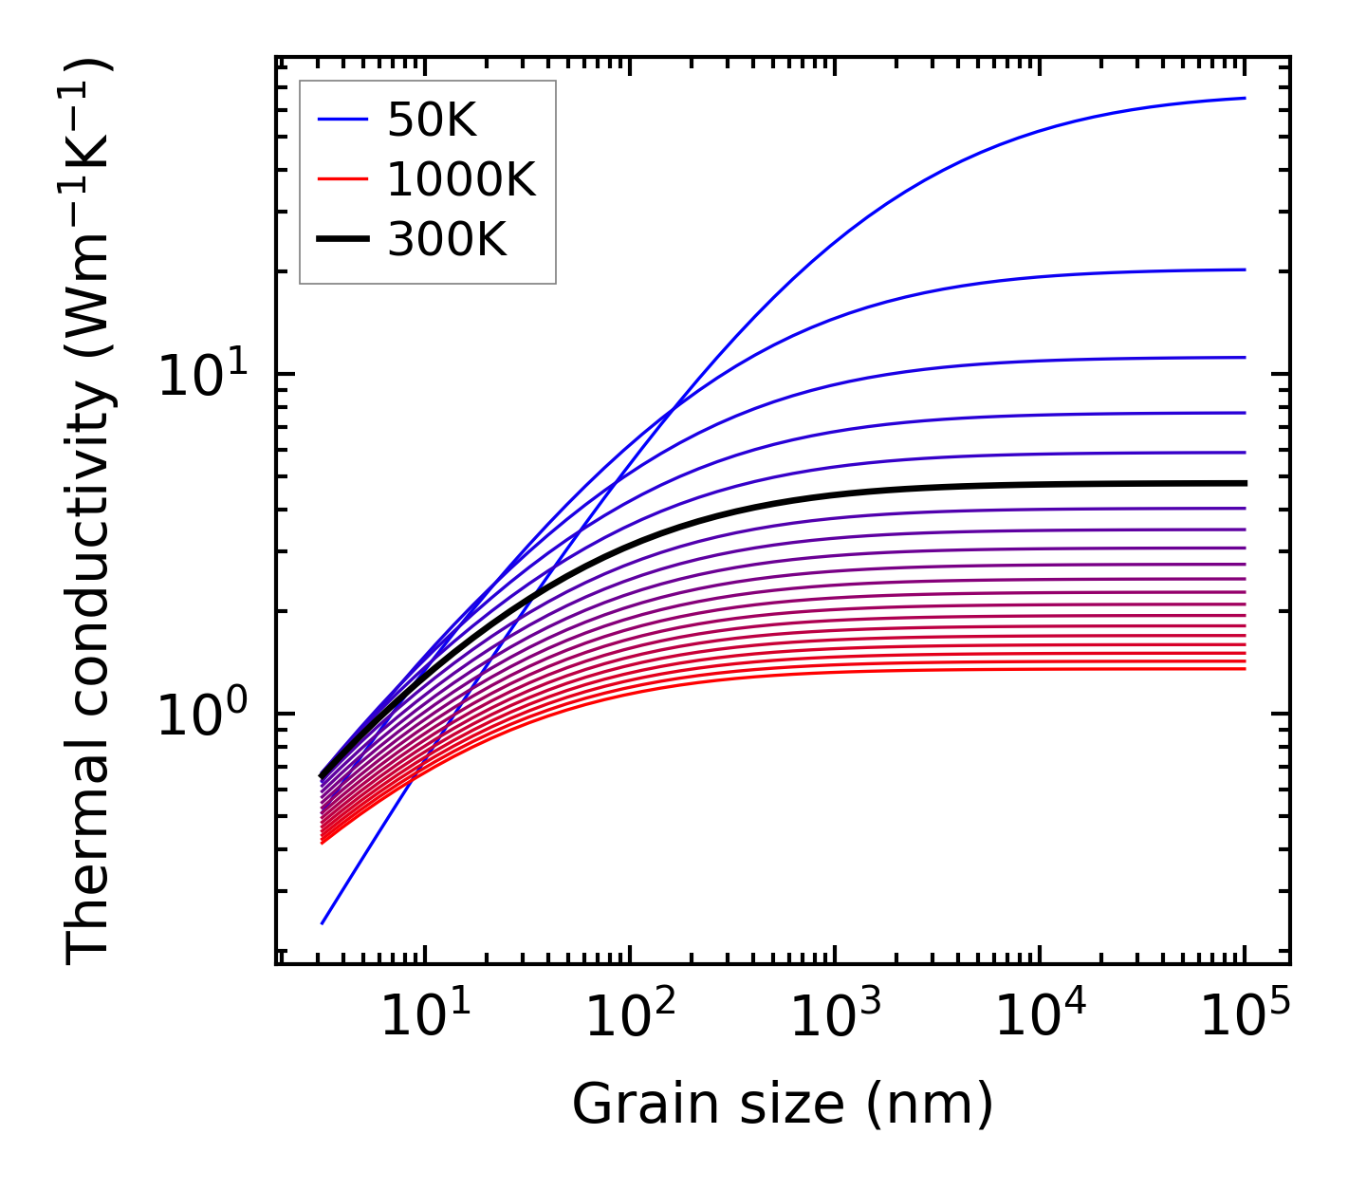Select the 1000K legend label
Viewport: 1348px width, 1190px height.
pos(461,179)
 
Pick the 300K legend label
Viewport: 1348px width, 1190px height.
pos(447,240)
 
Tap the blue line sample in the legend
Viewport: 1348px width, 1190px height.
pos(342,120)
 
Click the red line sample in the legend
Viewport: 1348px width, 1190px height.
pos(342,179)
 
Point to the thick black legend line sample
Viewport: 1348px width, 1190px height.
pos(342,240)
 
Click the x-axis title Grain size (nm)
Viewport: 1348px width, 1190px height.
pos(783,1105)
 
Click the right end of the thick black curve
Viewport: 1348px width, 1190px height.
pos(1244,483)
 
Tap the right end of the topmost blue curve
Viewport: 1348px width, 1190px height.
pos(1244,98)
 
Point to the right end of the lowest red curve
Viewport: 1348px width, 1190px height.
pos(1244,669)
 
